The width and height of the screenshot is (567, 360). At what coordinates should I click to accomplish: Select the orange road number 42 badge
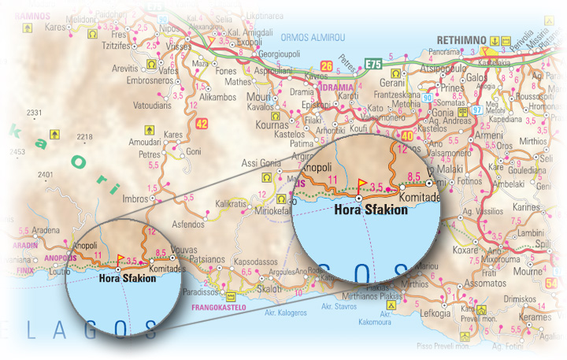tap(202, 123)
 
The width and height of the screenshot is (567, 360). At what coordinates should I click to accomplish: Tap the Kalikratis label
tap(231, 204)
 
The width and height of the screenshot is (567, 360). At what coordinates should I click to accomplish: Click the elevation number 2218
tap(84, 137)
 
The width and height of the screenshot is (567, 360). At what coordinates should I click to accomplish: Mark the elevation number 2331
tap(34, 113)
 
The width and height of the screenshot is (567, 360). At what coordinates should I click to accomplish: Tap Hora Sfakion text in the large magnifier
tap(371, 210)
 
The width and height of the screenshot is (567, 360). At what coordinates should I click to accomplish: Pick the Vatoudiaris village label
tap(153, 102)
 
